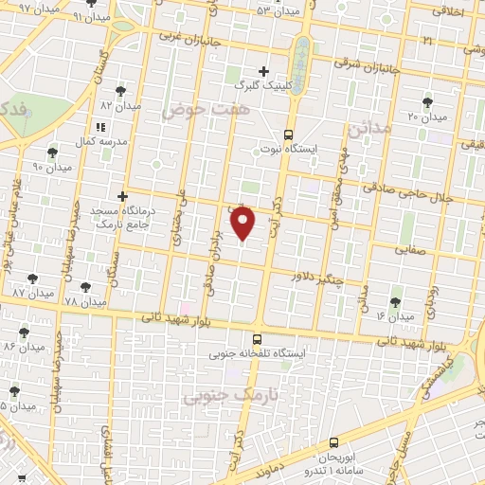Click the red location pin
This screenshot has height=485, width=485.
tap(243, 223)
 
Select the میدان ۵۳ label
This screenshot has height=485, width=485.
tap(277, 9)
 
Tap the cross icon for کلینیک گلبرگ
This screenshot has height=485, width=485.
tap(264, 71)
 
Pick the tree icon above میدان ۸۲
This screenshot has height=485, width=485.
tap(120, 91)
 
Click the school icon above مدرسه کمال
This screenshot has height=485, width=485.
tap(100, 126)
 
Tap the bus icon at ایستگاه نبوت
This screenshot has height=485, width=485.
tap(288, 134)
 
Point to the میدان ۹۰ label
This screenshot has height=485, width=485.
tap(52, 168)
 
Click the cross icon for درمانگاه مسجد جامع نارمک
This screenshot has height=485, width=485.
tap(122, 195)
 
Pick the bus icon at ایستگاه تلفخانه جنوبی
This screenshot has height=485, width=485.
tap(257, 338)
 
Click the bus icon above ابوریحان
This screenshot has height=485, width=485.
tap(333, 441)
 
